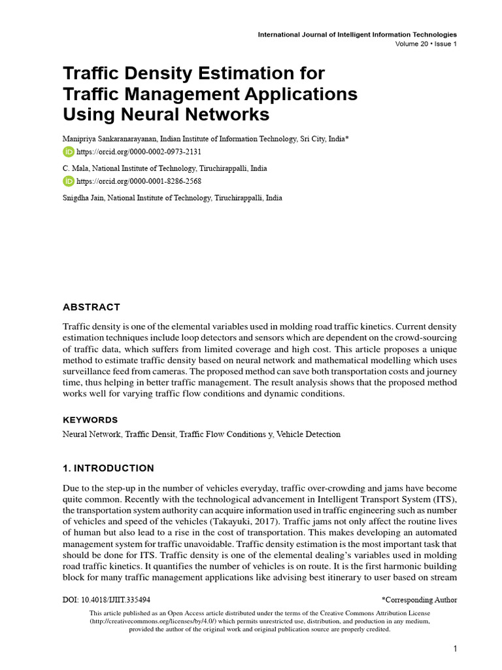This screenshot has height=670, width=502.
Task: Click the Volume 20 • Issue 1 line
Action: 426,44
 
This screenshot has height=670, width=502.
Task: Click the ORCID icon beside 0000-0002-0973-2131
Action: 69,152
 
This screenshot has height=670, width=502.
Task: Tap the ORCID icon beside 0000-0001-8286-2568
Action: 69,181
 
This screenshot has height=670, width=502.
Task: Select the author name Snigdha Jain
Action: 83,198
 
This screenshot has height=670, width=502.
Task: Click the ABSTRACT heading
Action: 92,307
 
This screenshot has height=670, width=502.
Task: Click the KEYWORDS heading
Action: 90,420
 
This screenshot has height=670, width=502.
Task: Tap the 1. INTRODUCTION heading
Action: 109,468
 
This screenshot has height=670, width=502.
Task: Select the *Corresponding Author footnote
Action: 419,599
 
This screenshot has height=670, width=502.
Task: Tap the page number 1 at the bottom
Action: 454,648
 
